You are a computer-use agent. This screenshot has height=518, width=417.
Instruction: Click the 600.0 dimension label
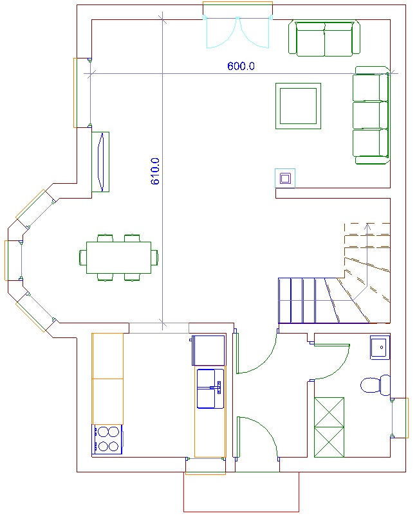pos(241,66)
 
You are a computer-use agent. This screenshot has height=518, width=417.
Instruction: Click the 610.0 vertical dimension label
pos(155,171)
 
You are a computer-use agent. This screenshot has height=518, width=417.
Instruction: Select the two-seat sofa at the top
pos(324,38)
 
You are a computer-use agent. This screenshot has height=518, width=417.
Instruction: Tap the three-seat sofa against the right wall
pos(372,115)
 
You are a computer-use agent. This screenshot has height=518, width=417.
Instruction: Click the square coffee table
pos(299,106)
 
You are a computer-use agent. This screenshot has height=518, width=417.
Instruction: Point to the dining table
pos(118,258)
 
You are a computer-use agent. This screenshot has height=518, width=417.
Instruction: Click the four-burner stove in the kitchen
pos(107,439)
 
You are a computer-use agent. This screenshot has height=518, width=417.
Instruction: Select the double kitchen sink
pos(210,389)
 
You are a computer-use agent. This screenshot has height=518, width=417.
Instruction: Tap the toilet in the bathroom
pos(375,385)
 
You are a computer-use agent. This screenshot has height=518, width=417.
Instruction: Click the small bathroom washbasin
pos(380,347)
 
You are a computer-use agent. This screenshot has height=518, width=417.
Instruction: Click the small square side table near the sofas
pos(285,179)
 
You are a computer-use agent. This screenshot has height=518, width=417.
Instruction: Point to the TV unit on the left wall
pos(100,162)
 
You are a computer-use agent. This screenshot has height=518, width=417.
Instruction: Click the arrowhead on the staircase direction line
pos(367,226)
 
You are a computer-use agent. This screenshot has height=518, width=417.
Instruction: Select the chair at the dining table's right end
pos(154,257)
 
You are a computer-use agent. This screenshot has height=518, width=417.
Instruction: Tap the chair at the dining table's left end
pos(82,257)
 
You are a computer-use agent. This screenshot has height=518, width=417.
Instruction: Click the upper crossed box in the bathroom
pos(329,413)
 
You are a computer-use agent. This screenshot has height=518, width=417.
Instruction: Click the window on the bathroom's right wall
pos(400,418)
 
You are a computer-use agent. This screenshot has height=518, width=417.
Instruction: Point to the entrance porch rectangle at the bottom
pos(241,492)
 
